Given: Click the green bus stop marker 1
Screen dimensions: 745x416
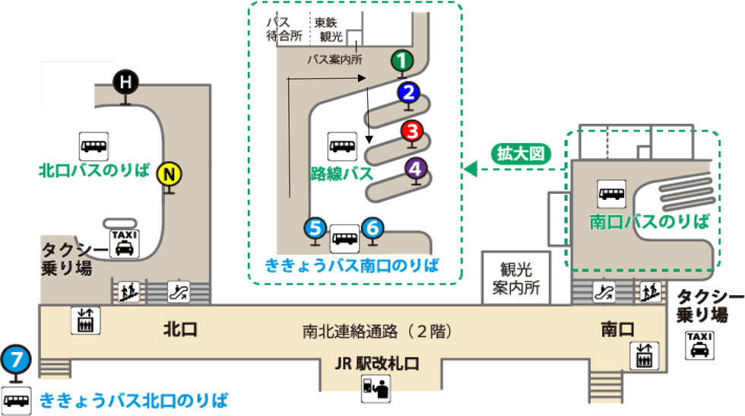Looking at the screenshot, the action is (402, 59).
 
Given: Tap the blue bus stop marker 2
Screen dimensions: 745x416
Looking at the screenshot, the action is (408, 93).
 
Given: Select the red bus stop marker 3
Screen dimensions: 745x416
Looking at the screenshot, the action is (412, 131).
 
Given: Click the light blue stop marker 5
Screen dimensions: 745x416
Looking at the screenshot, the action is (315, 227).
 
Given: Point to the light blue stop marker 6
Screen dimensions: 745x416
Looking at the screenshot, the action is (372, 227).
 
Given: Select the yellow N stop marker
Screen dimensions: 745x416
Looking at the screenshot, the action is (169, 175).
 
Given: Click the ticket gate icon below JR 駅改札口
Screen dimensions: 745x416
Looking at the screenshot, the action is (375, 389).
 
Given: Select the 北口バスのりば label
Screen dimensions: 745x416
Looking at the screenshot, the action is (94, 168).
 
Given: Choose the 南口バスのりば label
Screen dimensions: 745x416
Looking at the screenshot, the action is (649, 222).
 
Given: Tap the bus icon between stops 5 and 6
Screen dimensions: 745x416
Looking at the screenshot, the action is (344, 238).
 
